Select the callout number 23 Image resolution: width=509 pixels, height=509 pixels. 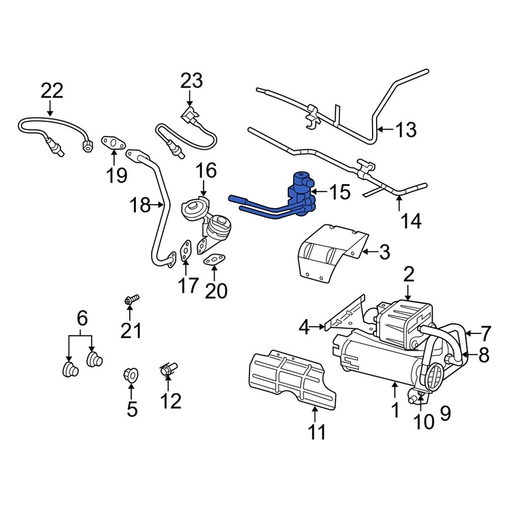[x=191, y=81]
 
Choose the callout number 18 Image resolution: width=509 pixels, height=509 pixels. [x=139, y=206]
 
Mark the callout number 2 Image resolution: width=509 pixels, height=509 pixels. [x=409, y=275]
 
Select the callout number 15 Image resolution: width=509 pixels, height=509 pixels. [x=340, y=192]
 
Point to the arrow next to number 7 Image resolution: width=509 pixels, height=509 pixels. [x=471, y=334]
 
